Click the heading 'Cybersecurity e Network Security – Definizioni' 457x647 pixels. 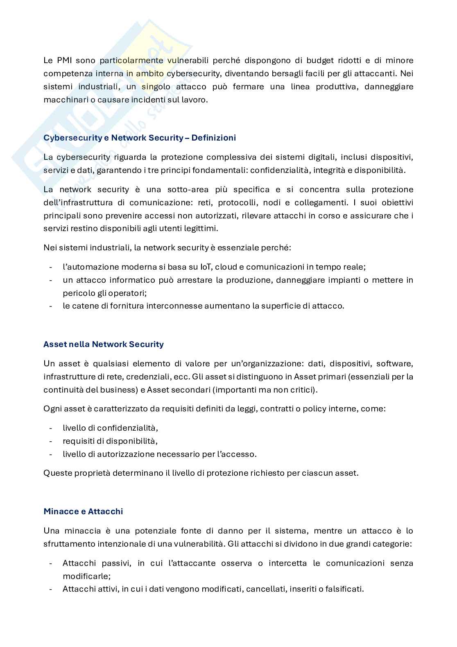pyautogui.click(x=140, y=138)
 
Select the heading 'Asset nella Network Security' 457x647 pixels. pyautogui.click(x=104, y=344)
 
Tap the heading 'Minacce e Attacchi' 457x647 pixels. pyautogui.click(x=83, y=511)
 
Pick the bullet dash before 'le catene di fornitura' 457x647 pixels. pyautogui.click(x=50, y=306)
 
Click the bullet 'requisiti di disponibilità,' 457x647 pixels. pyautogui.click(x=110, y=441)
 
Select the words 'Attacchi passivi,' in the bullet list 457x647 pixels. pyautogui.click(x=97, y=563)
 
